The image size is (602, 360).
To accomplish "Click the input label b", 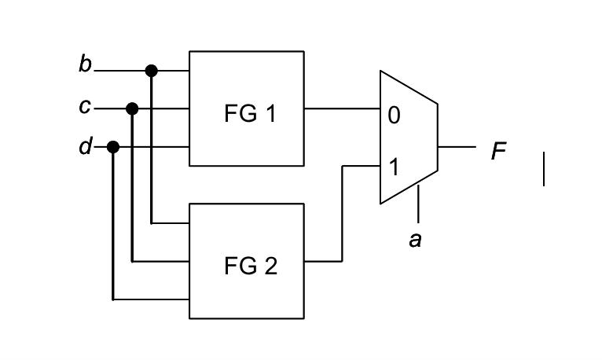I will [x=85, y=65].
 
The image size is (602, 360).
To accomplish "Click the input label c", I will [x=85, y=106].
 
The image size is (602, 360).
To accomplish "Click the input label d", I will [x=85, y=147].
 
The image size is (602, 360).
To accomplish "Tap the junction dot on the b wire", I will [x=152, y=71].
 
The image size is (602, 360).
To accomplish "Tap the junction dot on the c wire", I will [x=132, y=108].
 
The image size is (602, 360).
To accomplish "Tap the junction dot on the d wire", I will [x=113, y=147].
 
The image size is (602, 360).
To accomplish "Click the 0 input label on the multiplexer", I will [x=394, y=116].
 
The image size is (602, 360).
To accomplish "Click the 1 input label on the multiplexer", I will [x=394, y=167].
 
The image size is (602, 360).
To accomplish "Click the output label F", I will [x=499, y=150].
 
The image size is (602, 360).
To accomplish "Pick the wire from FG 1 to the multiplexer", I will [x=342, y=108].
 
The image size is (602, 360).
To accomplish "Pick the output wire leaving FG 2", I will [x=323, y=261].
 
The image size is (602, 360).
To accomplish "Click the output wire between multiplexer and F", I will [x=457, y=147].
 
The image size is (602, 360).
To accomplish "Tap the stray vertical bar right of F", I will [x=543, y=170].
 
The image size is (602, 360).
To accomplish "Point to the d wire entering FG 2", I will [x=149, y=299].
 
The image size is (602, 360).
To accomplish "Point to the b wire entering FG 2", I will [x=170, y=222].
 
